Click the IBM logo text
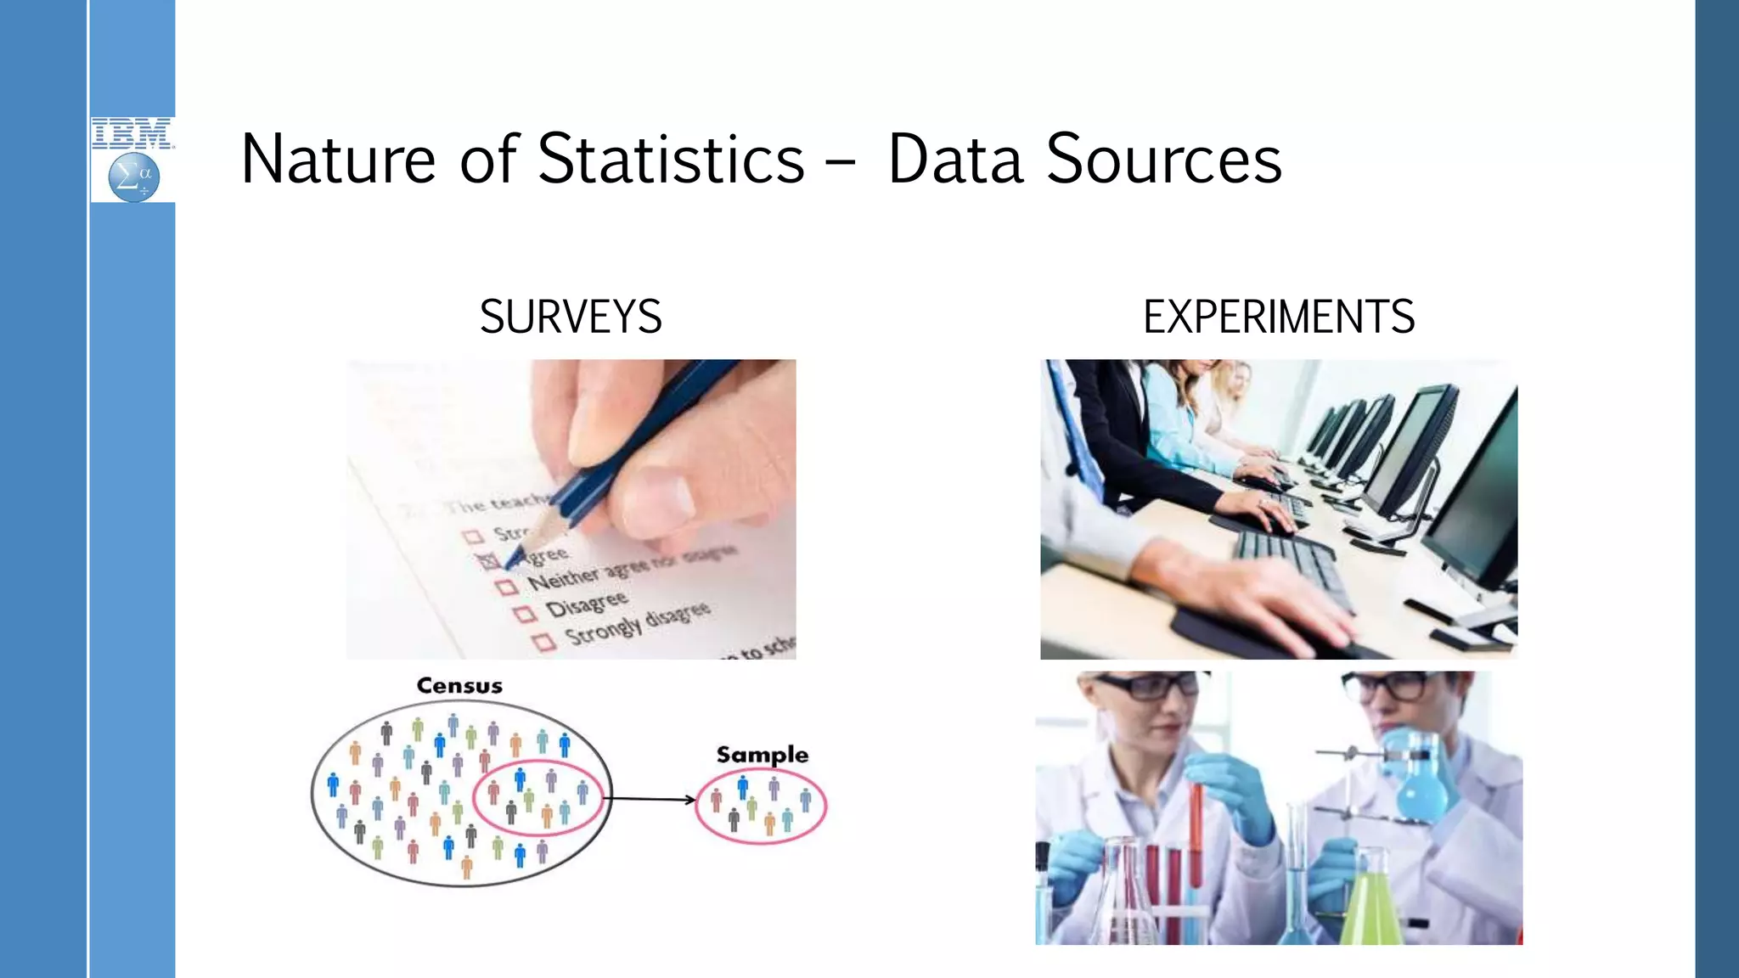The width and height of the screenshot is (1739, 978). tap(132, 133)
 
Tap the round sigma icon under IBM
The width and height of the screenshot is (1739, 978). tap(134, 177)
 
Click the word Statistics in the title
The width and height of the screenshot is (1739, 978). tap(671, 159)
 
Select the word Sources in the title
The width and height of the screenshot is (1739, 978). tap(1163, 159)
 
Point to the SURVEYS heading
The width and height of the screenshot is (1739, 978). tap(571, 317)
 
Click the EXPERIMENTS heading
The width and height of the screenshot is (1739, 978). tap(1279, 317)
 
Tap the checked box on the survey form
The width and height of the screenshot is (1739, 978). tap(489, 560)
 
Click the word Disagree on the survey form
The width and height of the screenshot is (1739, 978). tap(587, 604)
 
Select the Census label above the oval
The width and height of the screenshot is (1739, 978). tap(459, 686)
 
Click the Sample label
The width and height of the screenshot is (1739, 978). tap(762, 755)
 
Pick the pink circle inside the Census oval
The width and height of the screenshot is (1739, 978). tap(537, 797)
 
